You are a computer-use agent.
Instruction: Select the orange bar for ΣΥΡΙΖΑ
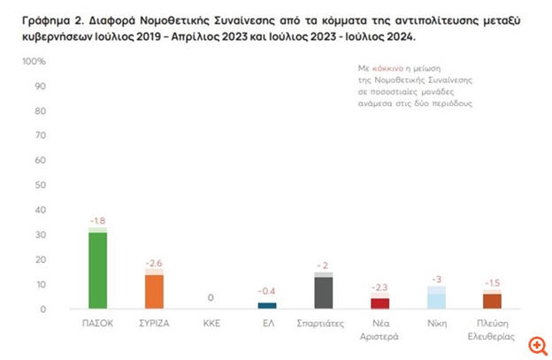tap(154, 292)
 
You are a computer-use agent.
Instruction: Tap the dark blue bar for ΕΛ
tap(266, 305)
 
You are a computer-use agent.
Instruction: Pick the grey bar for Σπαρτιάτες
tap(323, 292)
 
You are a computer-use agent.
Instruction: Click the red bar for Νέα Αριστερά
tap(379, 303)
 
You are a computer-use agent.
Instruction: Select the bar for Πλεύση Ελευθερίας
tap(492, 301)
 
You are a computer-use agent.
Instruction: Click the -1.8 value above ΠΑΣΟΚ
tap(97, 219)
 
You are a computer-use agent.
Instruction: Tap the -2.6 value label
tap(154, 262)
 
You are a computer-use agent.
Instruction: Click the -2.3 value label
tap(379, 287)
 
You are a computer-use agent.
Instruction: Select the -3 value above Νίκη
tap(436, 278)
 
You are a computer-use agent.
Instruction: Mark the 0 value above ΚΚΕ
tap(211, 298)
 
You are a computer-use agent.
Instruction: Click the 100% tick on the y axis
tap(34, 62)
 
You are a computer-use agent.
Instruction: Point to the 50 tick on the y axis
tap(40, 186)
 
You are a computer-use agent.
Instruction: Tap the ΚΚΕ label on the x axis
tap(211, 325)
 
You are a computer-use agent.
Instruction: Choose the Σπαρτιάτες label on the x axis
tap(323, 325)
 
